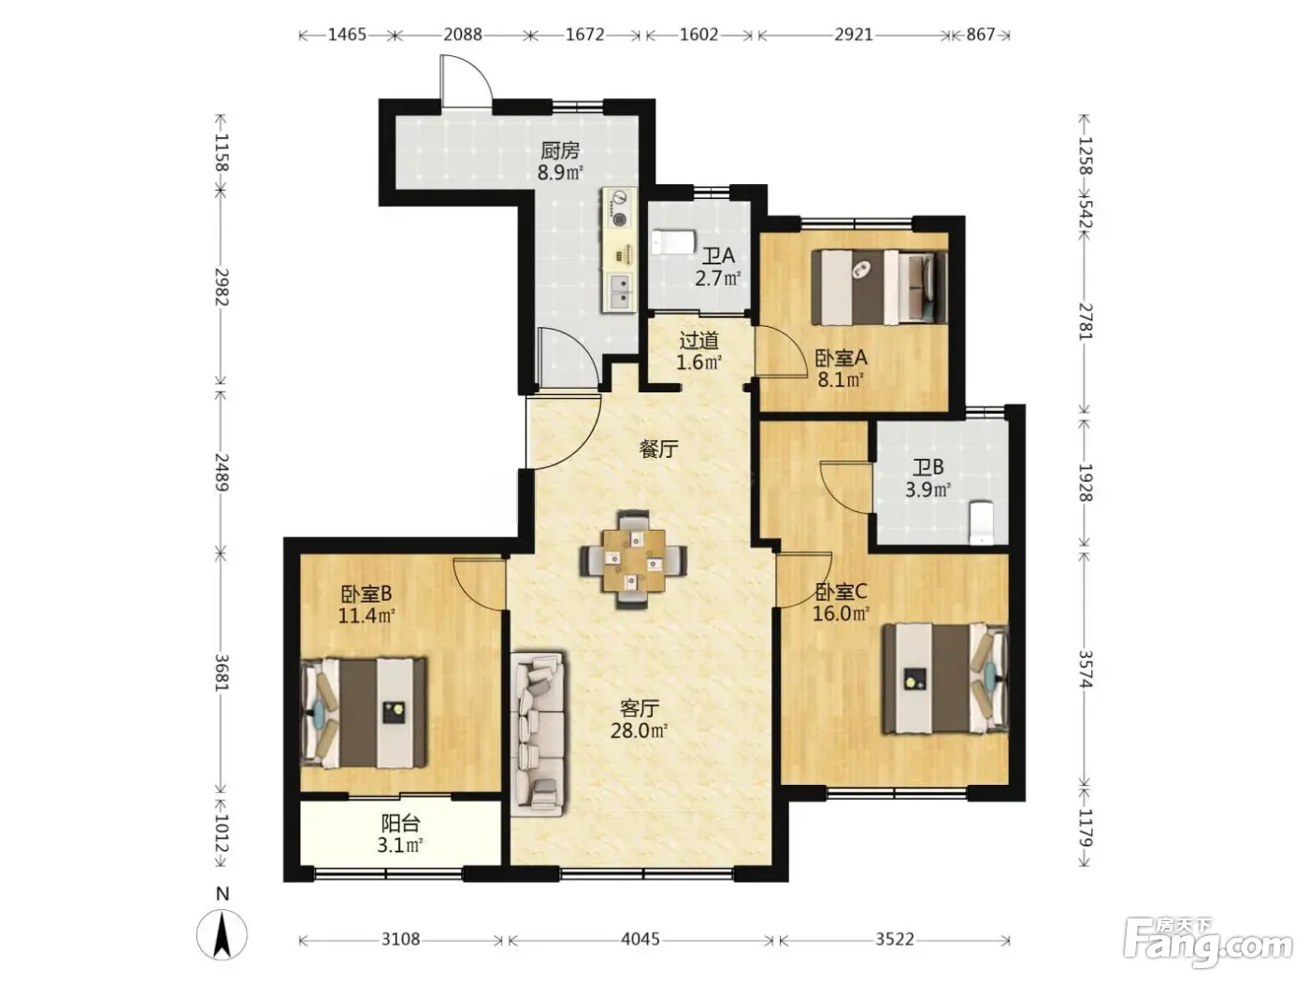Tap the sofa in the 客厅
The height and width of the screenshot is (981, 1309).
pyautogui.click(x=538, y=732)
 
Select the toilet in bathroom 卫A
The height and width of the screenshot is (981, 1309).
pyautogui.click(x=672, y=242)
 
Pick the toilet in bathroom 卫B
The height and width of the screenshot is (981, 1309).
pyautogui.click(x=981, y=523)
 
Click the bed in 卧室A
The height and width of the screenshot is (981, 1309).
pyautogui.click(x=879, y=287)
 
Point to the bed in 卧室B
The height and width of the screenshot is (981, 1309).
pyautogui.click(x=364, y=712)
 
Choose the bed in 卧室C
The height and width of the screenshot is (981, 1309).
pyautogui.click(x=945, y=678)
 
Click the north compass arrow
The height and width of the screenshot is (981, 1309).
pyautogui.click(x=222, y=934)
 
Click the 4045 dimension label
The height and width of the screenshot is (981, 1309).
pyautogui.click(x=640, y=939)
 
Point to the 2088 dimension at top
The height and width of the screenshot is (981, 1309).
pyautogui.click(x=462, y=35)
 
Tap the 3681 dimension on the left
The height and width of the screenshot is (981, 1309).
pyautogui.click(x=222, y=673)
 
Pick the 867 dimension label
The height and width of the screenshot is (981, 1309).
pyautogui.click(x=980, y=35)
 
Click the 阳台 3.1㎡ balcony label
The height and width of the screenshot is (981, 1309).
pyautogui.click(x=400, y=834)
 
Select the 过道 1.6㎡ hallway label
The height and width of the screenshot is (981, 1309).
pyautogui.click(x=699, y=351)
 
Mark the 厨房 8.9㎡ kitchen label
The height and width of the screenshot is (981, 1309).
pyautogui.click(x=560, y=161)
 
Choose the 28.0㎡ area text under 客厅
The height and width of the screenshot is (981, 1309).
pyautogui.click(x=639, y=731)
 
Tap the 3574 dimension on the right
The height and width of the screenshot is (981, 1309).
pyautogui.click(x=1086, y=669)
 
